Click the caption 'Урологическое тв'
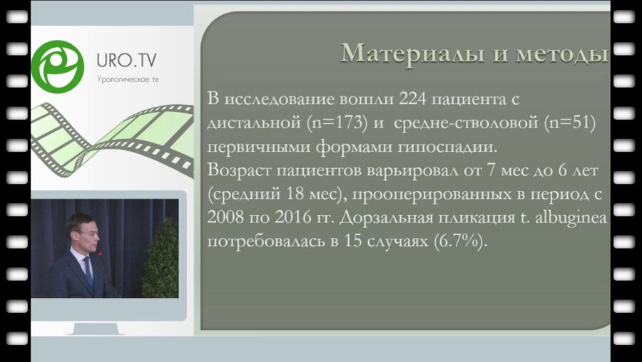[x=128, y=79]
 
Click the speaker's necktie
[x=88, y=271]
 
